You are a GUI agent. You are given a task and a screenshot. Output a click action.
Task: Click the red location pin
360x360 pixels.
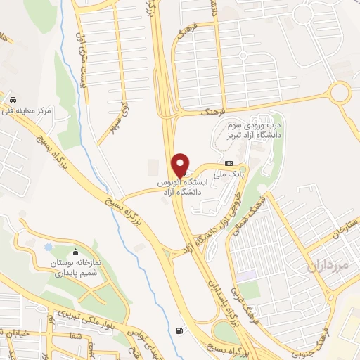tap(181, 163)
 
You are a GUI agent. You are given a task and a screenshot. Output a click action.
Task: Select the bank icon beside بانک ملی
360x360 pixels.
tap(228, 162)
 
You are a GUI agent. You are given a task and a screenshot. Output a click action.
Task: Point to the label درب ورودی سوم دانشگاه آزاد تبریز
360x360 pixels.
tap(254, 129)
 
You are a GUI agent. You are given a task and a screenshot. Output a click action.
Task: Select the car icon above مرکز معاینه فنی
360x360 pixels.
tap(13, 100)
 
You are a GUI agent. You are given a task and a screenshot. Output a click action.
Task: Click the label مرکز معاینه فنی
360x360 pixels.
tap(27, 111)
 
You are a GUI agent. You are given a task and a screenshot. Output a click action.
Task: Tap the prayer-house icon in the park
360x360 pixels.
tap(75, 252)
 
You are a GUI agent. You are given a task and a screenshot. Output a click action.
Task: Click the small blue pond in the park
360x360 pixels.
tap(48, 247)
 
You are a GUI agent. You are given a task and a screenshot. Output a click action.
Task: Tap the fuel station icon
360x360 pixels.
tap(183, 331)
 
